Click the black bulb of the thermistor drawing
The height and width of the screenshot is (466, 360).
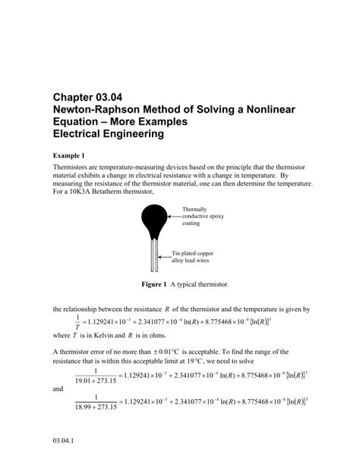coord(155,223)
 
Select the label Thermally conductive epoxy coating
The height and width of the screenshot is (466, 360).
coord(201,217)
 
